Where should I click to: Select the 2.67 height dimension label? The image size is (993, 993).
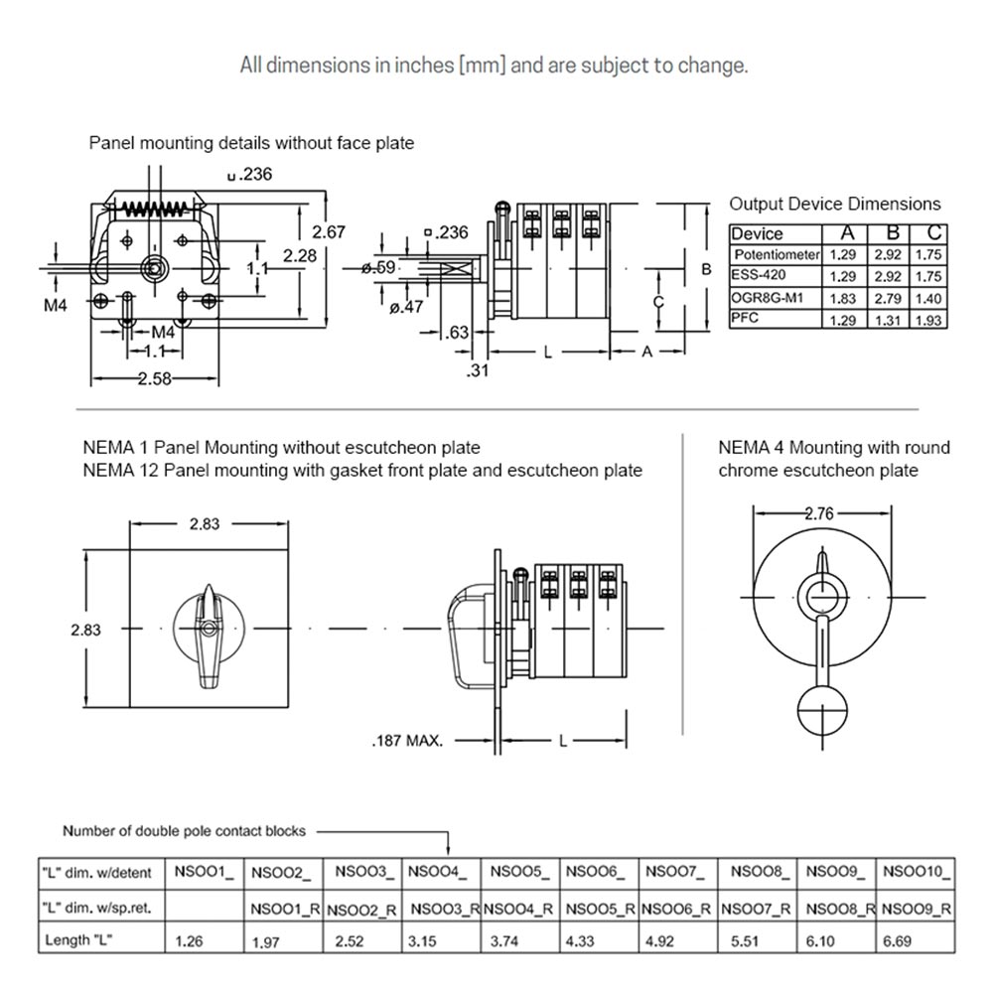click(x=329, y=231)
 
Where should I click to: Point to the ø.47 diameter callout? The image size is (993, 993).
click(x=405, y=308)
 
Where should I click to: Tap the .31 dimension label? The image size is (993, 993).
click(x=478, y=370)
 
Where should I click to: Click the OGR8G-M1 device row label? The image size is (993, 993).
click(x=768, y=298)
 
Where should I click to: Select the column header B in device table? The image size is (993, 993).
click(x=892, y=233)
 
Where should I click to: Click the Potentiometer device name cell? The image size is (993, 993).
click(x=777, y=255)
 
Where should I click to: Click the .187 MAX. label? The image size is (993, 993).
click(x=407, y=741)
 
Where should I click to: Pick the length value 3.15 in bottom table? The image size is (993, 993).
click(x=422, y=940)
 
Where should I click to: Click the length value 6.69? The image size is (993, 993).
click(x=899, y=940)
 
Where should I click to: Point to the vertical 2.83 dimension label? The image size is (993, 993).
click(x=86, y=630)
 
